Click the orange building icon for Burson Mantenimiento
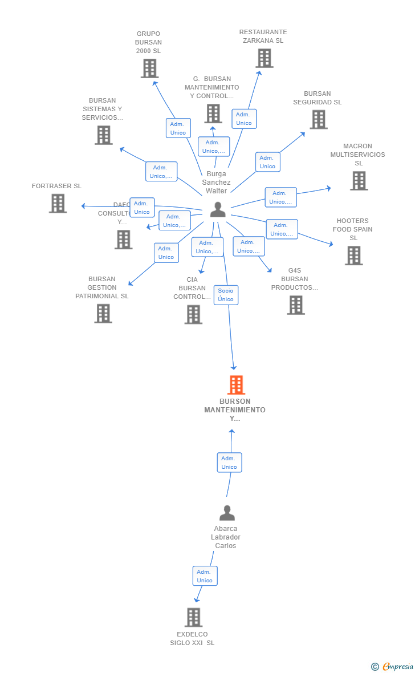tap(236, 385)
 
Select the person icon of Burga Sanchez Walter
tap(218, 210)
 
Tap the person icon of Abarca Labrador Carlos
tap(227, 513)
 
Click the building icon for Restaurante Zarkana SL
tap(264, 58)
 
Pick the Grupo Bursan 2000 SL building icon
tap(149, 68)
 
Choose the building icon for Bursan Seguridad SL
tap(318, 119)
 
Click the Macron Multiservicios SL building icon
tap(359, 181)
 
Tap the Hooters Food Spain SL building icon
tap(353, 256)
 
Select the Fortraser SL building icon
tap(58, 204)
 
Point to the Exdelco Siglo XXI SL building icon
tap(193, 617)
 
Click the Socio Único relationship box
tap(226, 295)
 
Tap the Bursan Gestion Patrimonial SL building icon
tap(103, 314)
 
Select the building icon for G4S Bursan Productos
tap(295, 305)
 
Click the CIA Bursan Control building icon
tap(193, 314)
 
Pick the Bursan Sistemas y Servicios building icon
tap(103, 135)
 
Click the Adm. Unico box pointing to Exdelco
tap(205, 576)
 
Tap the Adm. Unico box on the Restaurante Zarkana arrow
tap(244, 119)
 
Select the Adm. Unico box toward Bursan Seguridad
tap(267, 162)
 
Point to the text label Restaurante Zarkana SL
tap(263, 37)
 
